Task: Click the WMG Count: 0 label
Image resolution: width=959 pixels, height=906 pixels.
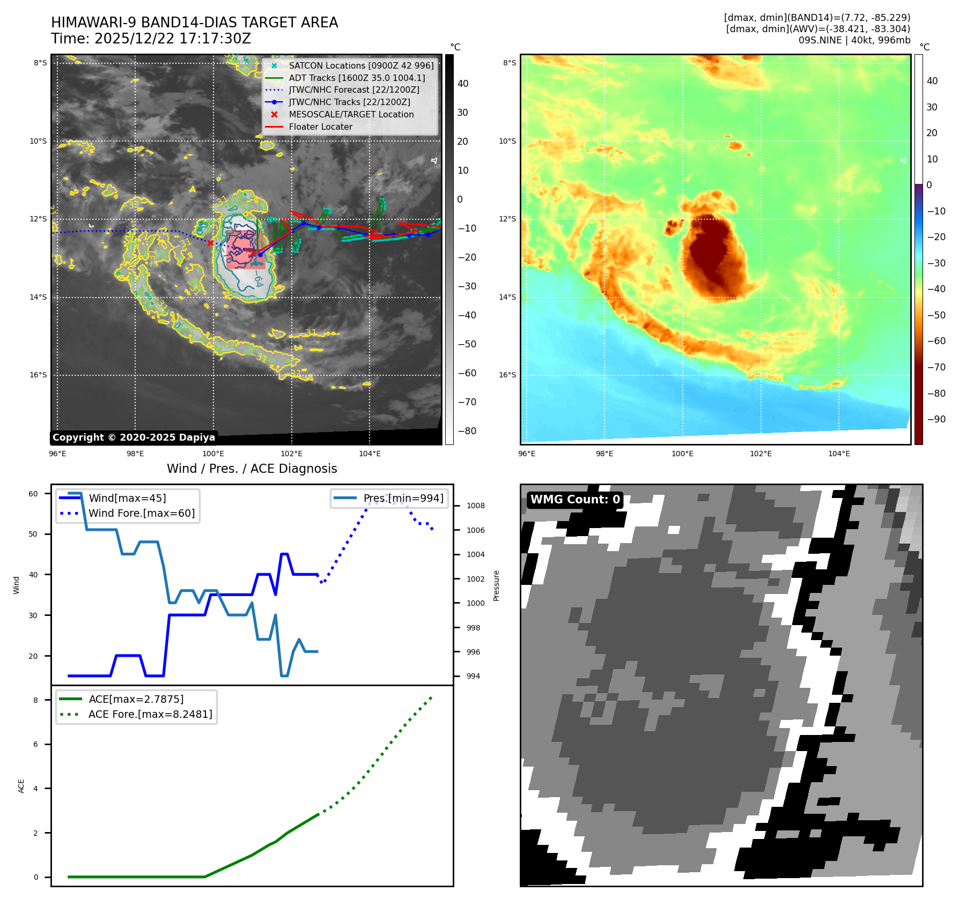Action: pos(575,500)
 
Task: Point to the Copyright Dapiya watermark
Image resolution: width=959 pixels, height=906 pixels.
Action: pos(134,437)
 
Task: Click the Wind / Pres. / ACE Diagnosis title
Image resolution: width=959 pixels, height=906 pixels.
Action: pos(252,469)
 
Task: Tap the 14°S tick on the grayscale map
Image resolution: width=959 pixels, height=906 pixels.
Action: pos(38,297)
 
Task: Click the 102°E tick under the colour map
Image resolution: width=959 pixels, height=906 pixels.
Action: pos(761,454)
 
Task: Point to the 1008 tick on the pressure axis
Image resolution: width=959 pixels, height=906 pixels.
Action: pos(475,506)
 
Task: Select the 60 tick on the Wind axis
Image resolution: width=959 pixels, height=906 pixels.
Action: pos(33,494)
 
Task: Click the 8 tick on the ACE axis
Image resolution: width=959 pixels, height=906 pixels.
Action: pos(36,700)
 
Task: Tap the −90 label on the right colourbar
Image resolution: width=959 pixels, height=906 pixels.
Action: pos(936,419)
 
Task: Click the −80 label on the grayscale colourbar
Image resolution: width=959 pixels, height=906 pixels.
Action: pos(467,431)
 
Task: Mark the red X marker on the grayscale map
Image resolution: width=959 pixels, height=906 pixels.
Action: pos(210,243)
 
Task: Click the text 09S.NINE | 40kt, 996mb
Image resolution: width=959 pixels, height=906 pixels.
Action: pos(854,40)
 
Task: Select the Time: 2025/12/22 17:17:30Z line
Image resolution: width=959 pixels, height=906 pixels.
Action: pos(151,39)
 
